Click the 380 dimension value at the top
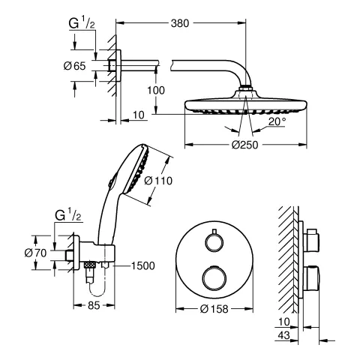pyautogui.click(x=179, y=23)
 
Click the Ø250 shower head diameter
pyautogui.click(x=242, y=145)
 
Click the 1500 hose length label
pyautogui.click(x=143, y=264)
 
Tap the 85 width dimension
pyautogui.click(x=94, y=305)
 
